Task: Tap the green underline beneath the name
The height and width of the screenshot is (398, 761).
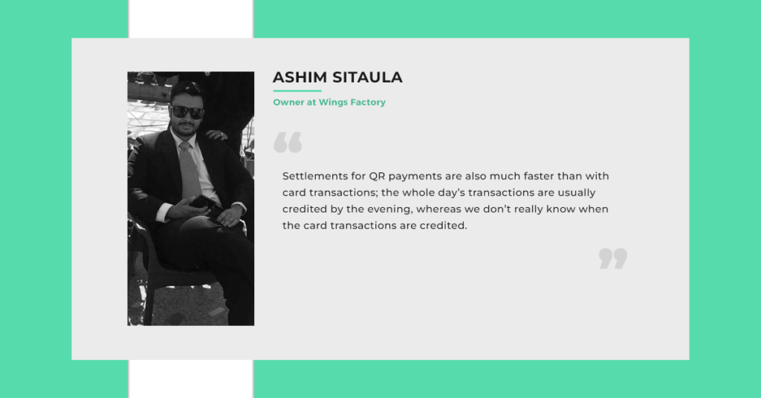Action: [x=297, y=91]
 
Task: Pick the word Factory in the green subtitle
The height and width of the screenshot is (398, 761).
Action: [x=368, y=102]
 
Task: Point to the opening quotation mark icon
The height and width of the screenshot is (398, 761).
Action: [x=288, y=142]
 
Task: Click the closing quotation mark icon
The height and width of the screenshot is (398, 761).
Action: [x=613, y=258]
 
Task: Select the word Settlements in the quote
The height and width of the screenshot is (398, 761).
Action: [x=315, y=176]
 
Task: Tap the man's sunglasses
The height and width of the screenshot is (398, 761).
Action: [x=187, y=112]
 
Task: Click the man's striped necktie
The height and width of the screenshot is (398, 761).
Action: [x=190, y=170]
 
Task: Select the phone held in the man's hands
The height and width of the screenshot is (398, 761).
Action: [x=203, y=203]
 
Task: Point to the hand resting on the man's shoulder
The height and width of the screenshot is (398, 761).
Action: [x=216, y=135]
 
